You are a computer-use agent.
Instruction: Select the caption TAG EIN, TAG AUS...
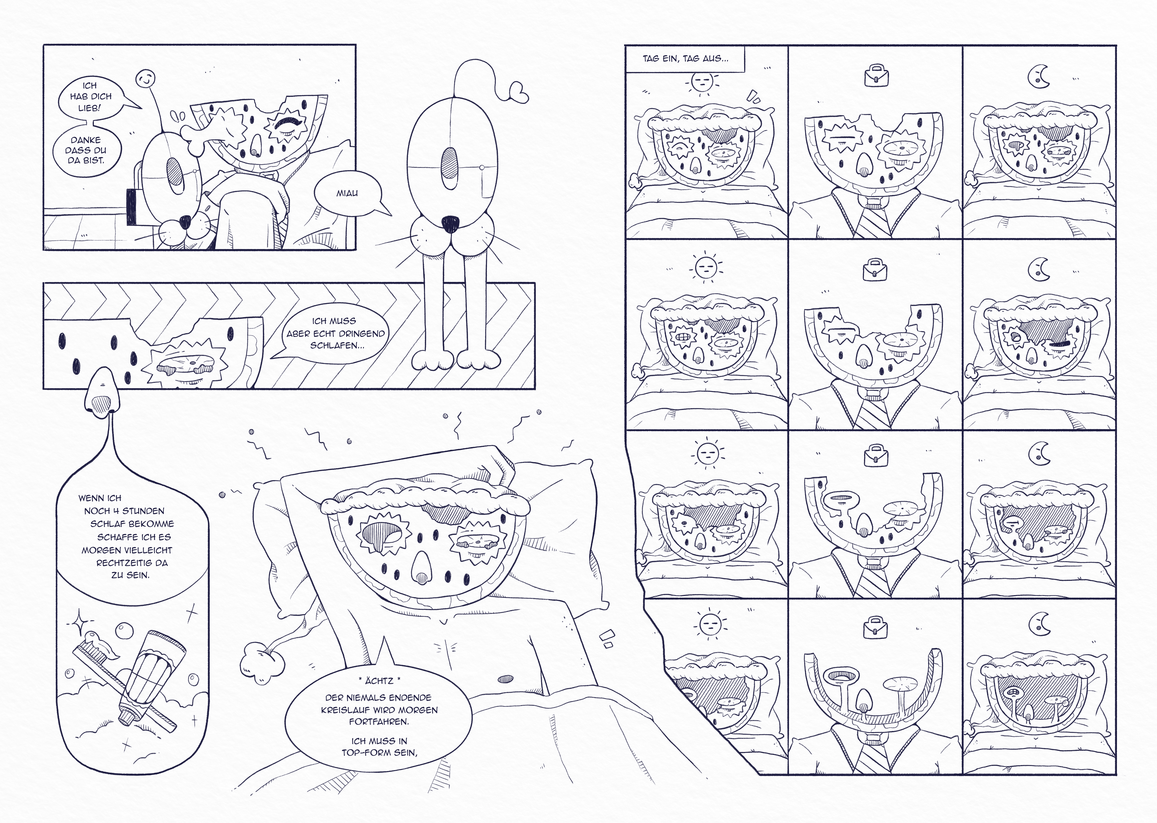(x=685, y=58)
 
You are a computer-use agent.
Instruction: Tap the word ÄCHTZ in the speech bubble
(x=379, y=680)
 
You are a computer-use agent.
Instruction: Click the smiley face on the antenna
(x=145, y=79)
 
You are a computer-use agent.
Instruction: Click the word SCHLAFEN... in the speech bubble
(x=337, y=346)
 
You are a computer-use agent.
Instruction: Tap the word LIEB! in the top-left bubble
(x=90, y=108)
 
